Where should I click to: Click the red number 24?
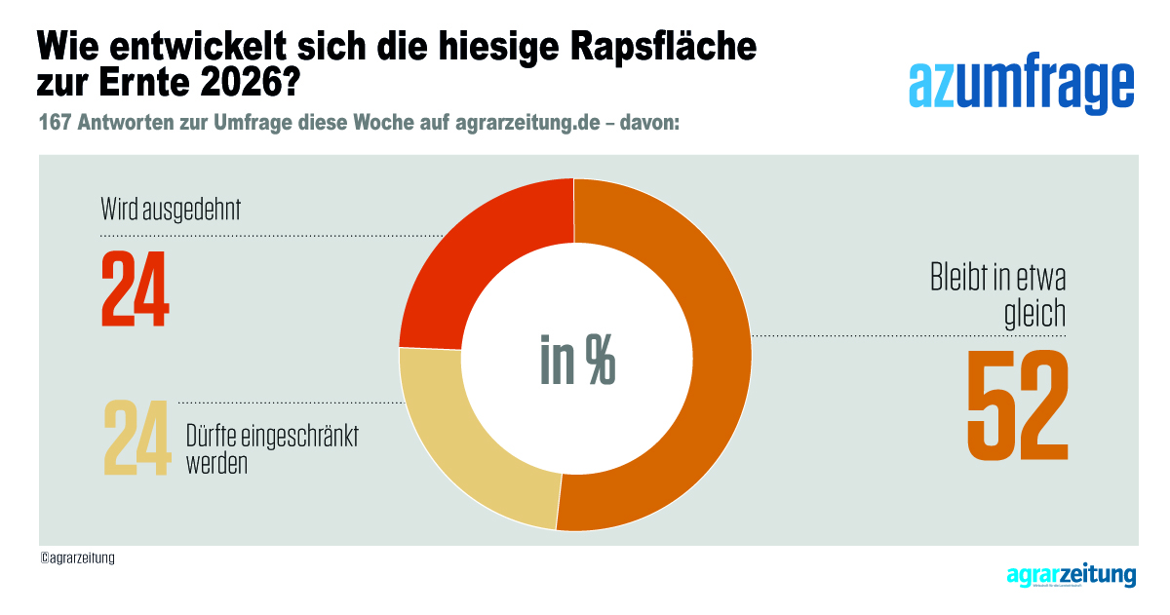click(136, 289)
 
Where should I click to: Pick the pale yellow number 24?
click(136, 438)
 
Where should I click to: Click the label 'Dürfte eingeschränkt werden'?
click(271, 448)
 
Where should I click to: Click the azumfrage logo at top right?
click(1021, 87)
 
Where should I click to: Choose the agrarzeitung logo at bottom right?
click(1071, 576)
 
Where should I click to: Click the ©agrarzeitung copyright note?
click(77, 558)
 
